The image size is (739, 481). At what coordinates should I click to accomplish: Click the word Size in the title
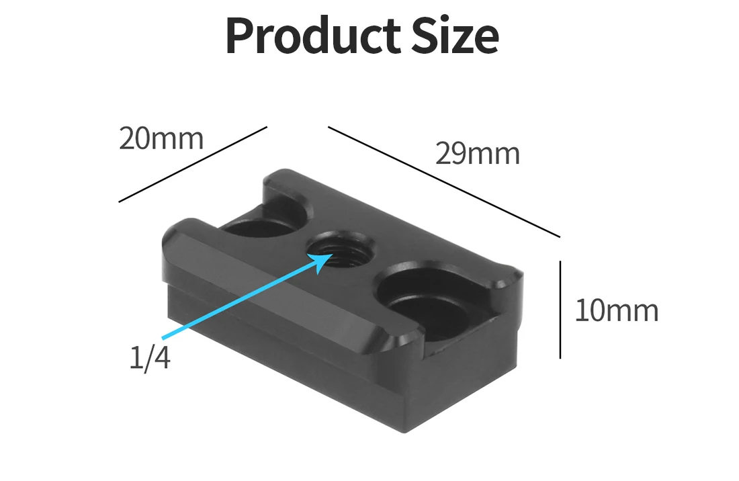[458, 36]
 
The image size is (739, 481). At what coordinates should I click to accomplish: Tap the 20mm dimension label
[161, 138]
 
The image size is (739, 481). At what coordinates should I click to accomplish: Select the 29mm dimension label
[478, 154]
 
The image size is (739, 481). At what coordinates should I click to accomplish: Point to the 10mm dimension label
[617, 311]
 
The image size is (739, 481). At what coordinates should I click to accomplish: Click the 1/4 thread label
[150, 358]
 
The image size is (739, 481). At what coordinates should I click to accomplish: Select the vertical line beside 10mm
[560, 310]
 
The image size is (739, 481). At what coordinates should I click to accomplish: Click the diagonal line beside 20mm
[193, 163]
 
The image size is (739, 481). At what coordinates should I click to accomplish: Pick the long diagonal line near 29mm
[443, 181]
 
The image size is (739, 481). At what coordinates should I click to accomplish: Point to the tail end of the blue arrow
[163, 336]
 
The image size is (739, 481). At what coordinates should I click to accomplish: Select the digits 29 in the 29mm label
[450, 154]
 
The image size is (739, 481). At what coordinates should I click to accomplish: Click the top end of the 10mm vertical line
[560, 263]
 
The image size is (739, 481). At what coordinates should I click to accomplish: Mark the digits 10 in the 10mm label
[590, 311]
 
